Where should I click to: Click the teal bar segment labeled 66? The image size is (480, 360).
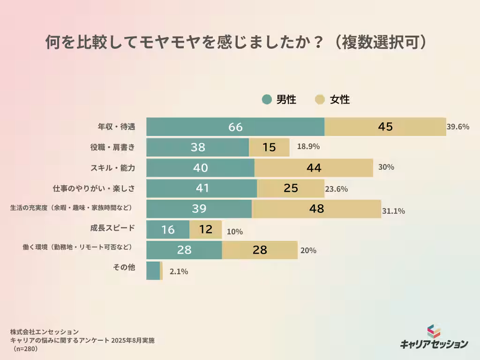235,127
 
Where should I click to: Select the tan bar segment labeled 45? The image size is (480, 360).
385,127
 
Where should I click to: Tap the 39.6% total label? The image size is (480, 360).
458,127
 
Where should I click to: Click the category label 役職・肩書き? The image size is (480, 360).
112,147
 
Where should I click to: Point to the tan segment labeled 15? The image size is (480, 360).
269,147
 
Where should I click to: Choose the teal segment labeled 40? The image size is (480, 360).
200,168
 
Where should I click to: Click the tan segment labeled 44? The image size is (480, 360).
314,168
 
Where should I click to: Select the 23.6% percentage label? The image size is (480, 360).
336,189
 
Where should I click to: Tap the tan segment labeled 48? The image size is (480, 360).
316,209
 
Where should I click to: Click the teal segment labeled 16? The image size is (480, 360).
168,230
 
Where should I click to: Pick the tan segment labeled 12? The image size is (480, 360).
205,230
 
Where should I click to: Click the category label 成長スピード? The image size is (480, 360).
112,228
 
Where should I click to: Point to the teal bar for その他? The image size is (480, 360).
153,271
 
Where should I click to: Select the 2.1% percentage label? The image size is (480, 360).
178,271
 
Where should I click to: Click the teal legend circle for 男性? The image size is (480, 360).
267,99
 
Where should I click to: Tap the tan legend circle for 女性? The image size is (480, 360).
320,99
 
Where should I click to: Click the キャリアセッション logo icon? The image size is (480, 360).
434,331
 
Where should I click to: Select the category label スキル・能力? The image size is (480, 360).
112,168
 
